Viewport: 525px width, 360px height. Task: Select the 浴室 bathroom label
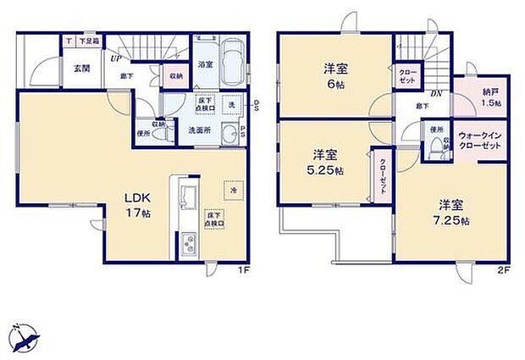206,64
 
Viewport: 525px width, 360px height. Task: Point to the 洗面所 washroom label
199,130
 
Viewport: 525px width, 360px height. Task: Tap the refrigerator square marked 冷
232,191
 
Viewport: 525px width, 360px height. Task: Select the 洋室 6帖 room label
334,76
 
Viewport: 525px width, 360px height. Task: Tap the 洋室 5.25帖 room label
326,162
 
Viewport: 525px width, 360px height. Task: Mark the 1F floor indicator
241,272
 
